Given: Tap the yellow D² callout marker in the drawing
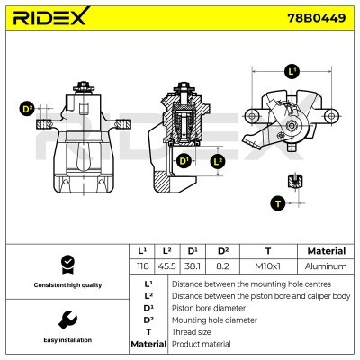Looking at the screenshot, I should pyautogui.click(x=27, y=110).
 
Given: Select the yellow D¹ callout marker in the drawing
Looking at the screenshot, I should pyautogui.click(x=184, y=161).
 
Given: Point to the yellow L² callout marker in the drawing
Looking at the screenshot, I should pyautogui.click(x=217, y=161).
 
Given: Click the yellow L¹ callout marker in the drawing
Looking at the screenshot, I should pyautogui.click(x=292, y=70).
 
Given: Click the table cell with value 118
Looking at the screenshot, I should pyautogui.click(x=142, y=266).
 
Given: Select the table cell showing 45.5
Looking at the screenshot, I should pyautogui.click(x=167, y=266).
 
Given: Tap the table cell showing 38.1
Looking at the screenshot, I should pyautogui.click(x=193, y=266).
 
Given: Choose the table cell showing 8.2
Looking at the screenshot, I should pyautogui.click(x=222, y=266).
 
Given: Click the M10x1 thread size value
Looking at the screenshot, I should pyautogui.click(x=268, y=266).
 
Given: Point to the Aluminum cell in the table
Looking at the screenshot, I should pyautogui.click(x=326, y=266).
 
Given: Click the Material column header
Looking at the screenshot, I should pyautogui.click(x=326, y=251).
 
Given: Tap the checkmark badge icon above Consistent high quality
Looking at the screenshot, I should pyautogui.click(x=66, y=263).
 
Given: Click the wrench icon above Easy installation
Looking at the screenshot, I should pyautogui.click(x=66, y=319).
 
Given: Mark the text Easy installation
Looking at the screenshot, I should pyautogui.click(x=66, y=340).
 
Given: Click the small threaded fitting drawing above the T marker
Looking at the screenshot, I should pyautogui.click(x=293, y=183).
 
